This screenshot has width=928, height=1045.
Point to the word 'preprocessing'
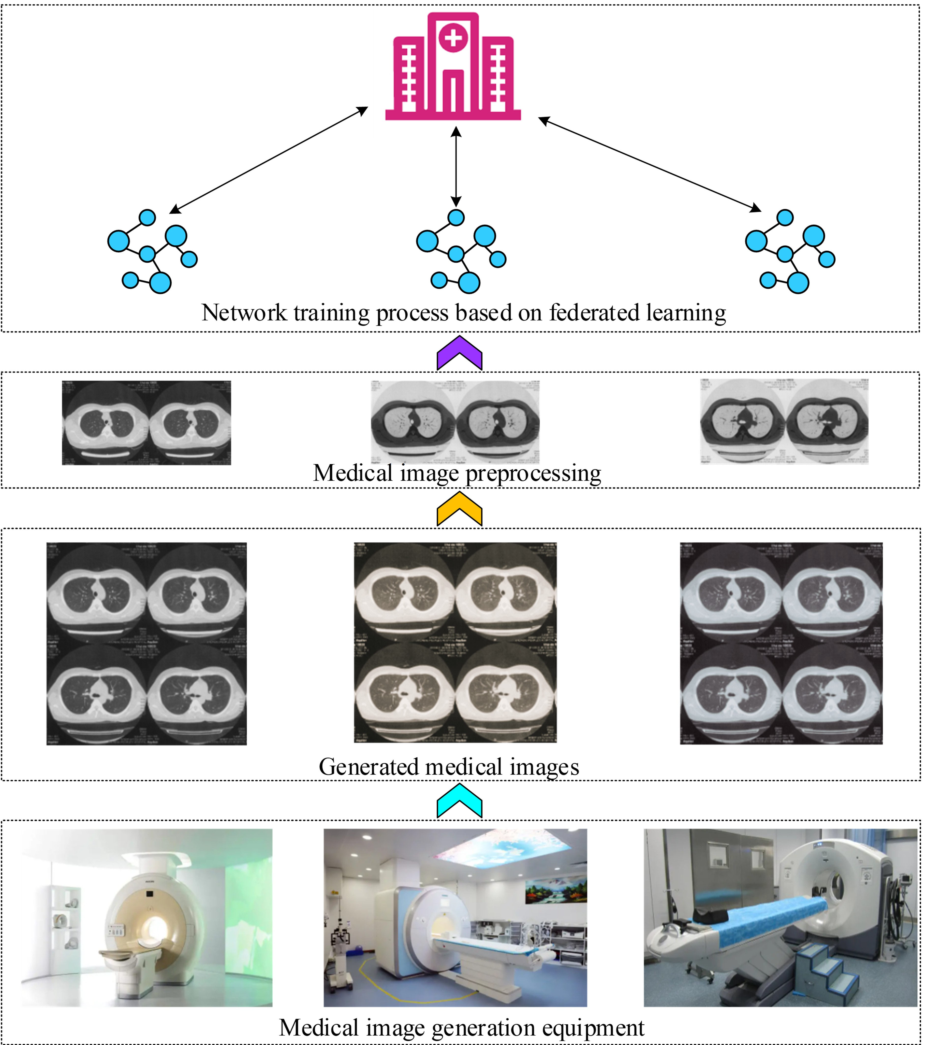[x=533, y=473]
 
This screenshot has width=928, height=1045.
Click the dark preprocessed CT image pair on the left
[x=146, y=423]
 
